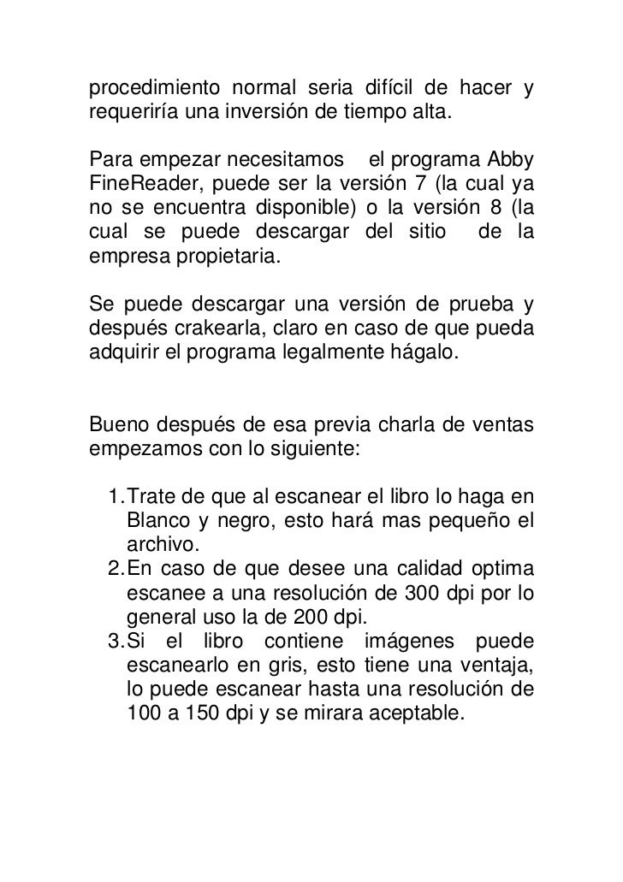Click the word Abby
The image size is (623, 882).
point(508,160)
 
